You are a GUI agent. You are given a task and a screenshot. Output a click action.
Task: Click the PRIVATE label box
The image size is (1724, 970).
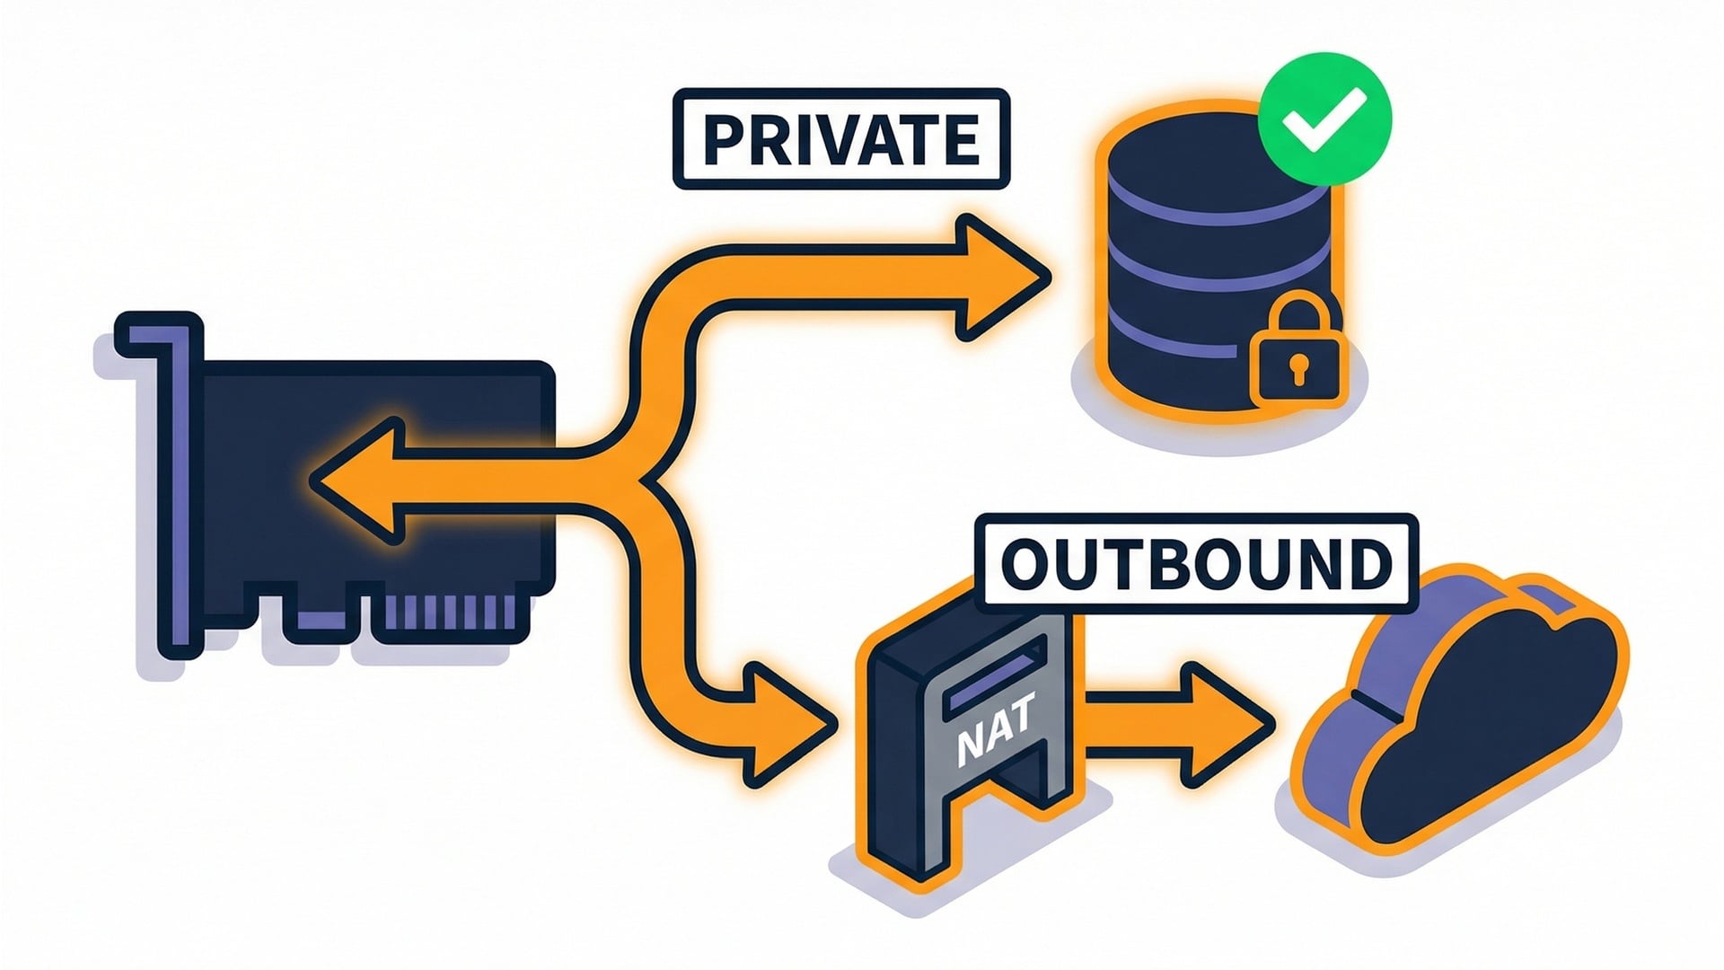click(840, 139)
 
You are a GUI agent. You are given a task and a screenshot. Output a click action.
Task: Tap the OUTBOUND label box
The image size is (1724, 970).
click(1195, 564)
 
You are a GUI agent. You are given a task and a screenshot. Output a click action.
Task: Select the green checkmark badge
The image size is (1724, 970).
click(1324, 119)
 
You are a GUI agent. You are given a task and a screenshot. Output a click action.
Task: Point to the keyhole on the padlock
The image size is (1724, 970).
click(1297, 368)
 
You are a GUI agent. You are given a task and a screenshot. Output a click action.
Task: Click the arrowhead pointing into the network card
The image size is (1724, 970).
click(355, 482)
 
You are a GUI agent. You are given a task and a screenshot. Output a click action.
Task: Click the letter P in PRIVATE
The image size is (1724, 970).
click(723, 140)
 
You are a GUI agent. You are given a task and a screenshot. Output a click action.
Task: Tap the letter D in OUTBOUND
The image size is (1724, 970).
click(1367, 565)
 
